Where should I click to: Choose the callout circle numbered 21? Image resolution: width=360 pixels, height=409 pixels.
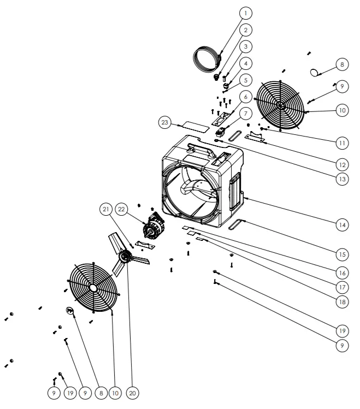pyautogui.click(x=106, y=208)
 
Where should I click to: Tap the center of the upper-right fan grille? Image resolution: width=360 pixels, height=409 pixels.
pyautogui.click(x=281, y=105)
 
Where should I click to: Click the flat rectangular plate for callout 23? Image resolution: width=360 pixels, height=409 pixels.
pyautogui.click(x=194, y=126)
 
